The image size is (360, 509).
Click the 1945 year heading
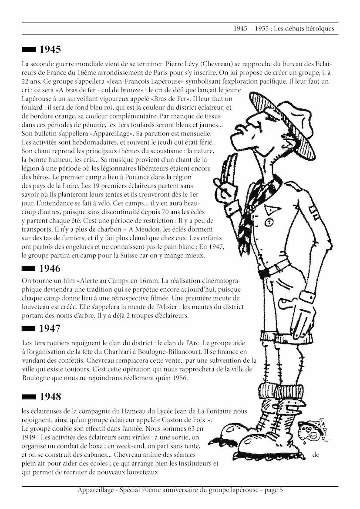click(50, 49)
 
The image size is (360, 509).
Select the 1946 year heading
click(50, 268)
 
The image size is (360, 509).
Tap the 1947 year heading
click(50, 328)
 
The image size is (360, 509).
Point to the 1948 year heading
click(50, 397)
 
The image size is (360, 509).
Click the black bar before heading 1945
click(29, 49)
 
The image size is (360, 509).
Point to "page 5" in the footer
click(273, 490)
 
